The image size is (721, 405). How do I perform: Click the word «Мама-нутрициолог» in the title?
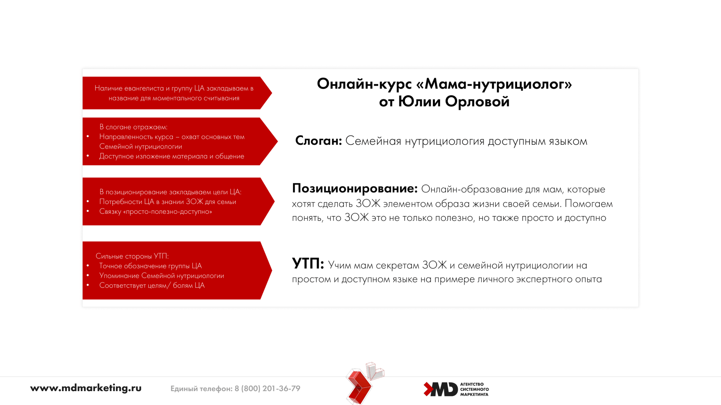494,84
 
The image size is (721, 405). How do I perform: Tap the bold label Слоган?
318,141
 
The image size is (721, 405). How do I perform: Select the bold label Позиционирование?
355,188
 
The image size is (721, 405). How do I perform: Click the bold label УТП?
308,264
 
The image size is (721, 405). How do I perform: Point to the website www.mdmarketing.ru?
86,388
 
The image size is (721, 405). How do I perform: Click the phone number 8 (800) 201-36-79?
267,388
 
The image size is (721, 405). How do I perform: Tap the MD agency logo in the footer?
456,389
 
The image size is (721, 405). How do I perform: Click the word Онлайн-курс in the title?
364,84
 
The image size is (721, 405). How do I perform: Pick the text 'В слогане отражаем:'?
133,127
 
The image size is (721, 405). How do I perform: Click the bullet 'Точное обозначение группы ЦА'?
150,266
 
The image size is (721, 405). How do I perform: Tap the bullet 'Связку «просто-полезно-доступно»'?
155,211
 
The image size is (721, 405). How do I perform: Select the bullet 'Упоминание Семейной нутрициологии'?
161,276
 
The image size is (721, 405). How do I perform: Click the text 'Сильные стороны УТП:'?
132,256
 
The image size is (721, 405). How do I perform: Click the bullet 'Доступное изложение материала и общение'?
172,156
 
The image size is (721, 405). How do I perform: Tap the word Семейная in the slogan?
373,141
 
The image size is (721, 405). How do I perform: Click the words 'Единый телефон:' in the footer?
201,388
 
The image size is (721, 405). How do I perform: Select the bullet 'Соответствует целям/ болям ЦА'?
152,285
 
